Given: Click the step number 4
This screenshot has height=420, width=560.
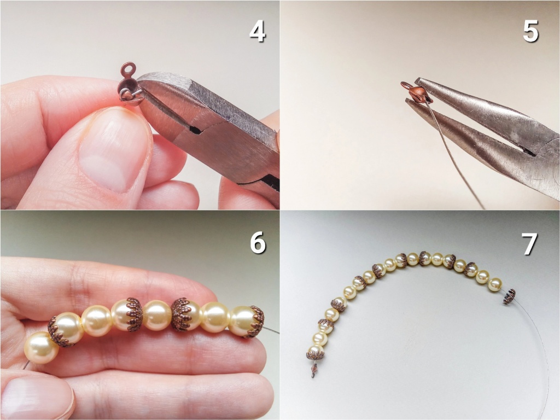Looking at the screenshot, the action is pyautogui.click(x=258, y=31).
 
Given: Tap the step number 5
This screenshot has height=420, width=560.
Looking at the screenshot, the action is pyautogui.click(x=530, y=31).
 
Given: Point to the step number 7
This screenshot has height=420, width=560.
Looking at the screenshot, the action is pyautogui.click(x=529, y=243).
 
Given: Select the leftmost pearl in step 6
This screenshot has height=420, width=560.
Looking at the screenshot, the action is pyautogui.click(x=41, y=347).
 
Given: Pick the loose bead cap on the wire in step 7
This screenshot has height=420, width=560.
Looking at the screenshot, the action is pyautogui.click(x=510, y=296).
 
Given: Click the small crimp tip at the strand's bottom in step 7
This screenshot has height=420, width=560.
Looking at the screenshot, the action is pyautogui.click(x=314, y=371).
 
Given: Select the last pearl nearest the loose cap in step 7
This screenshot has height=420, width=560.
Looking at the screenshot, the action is pyautogui.click(x=495, y=284).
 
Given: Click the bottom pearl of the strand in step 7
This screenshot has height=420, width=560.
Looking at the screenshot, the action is pyautogui.click(x=316, y=350).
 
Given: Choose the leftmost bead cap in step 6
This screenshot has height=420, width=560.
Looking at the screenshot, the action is pyautogui.click(x=59, y=332).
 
